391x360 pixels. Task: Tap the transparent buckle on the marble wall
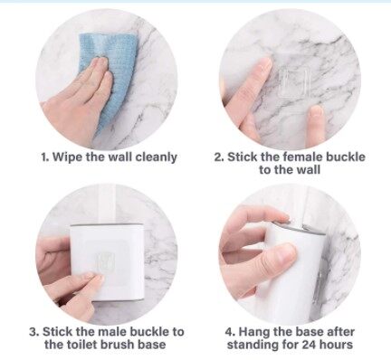[294, 82]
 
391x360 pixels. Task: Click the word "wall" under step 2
[307, 170]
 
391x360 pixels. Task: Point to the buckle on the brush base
[106, 261]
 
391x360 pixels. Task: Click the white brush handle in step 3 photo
[107, 204]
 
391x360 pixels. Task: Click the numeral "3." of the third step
[34, 332]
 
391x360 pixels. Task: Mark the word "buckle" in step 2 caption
[346, 156]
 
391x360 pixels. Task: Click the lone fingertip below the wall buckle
[315, 120]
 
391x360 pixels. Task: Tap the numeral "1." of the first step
[45, 157]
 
